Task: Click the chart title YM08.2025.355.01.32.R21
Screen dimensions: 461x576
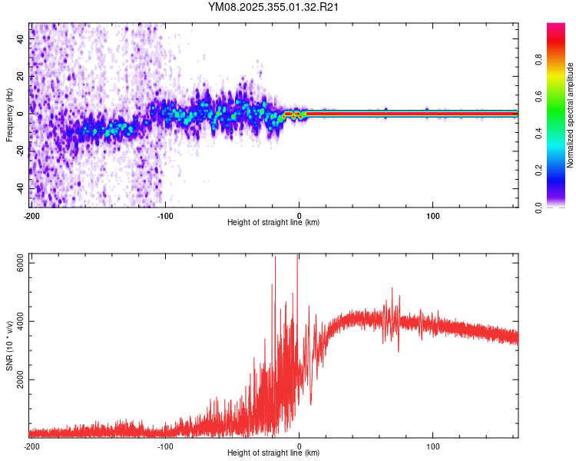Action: tap(274, 8)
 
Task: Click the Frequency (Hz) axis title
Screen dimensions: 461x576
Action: tap(9, 115)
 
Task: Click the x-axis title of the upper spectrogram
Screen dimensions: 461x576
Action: tap(273, 223)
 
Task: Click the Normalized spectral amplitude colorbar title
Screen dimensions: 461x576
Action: tap(571, 115)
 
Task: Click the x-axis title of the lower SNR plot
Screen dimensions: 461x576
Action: tap(273, 454)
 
